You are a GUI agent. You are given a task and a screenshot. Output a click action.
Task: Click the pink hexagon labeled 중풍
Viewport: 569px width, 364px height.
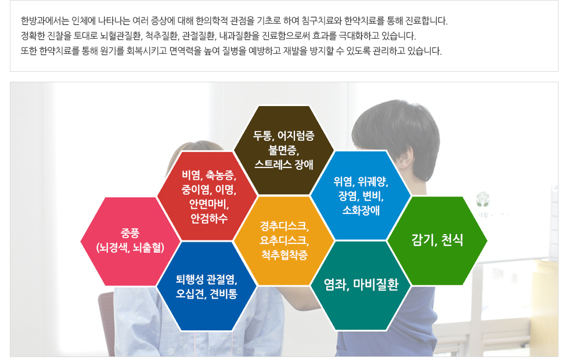(130, 241)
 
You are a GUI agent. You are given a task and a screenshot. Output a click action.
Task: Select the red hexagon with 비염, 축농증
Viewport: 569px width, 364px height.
(207, 196)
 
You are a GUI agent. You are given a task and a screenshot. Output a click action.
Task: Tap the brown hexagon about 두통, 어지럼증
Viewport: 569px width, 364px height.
(284, 150)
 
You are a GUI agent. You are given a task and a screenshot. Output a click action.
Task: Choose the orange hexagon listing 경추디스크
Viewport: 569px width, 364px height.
(284, 241)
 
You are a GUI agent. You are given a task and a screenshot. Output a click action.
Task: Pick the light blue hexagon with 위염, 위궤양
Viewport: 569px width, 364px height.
(361, 195)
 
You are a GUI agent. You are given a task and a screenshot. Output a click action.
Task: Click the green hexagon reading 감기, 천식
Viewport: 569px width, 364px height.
(437, 241)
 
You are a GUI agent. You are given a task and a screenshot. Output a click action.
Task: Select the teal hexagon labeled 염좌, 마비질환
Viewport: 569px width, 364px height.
(361, 286)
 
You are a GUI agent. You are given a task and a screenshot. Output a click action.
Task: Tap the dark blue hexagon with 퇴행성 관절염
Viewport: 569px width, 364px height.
(207, 286)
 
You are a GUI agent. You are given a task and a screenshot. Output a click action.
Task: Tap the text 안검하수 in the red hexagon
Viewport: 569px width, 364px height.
(209, 219)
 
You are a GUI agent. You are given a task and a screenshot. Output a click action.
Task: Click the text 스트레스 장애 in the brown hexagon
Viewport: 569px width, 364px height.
(284, 165)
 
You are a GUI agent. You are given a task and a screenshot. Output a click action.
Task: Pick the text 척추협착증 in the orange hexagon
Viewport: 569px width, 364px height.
(284, 255)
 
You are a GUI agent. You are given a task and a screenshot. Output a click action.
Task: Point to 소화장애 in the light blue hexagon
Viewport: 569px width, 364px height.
(361, 210)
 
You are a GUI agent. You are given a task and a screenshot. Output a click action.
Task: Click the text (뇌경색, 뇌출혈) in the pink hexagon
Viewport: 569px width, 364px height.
(130, 247)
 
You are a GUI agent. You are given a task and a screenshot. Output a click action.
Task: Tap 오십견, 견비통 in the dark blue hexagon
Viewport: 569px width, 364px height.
(207, 294)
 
